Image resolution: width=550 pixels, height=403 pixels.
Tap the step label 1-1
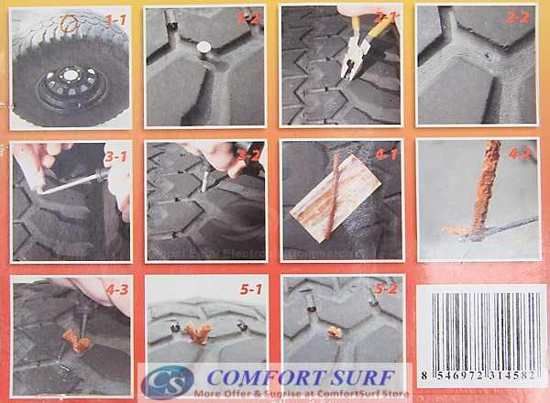115,17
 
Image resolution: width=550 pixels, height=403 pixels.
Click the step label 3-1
115,157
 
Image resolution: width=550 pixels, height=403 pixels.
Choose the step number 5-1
249,290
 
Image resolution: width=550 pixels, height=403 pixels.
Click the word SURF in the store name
351,376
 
